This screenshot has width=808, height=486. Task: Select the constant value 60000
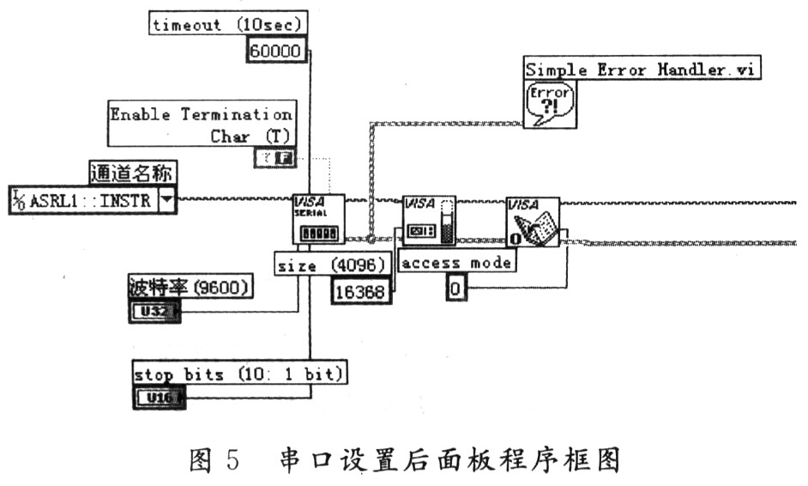point(274,52)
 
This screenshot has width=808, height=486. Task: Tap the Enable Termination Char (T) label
point(201,125)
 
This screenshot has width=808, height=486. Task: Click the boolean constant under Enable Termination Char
point(274,157)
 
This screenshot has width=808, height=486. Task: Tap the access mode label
point(457,263)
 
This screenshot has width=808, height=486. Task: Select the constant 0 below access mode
point(455,290)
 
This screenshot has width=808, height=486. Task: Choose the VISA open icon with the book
point(532,222)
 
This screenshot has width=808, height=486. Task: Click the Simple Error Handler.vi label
point(642,70)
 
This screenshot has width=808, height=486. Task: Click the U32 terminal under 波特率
point(155,312)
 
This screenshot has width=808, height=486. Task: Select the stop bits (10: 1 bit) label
point(240,374)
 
